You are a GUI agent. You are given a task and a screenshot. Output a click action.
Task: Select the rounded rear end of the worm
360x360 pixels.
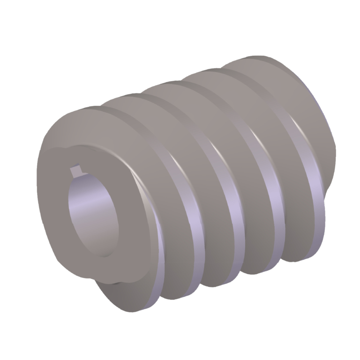(328, 141)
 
